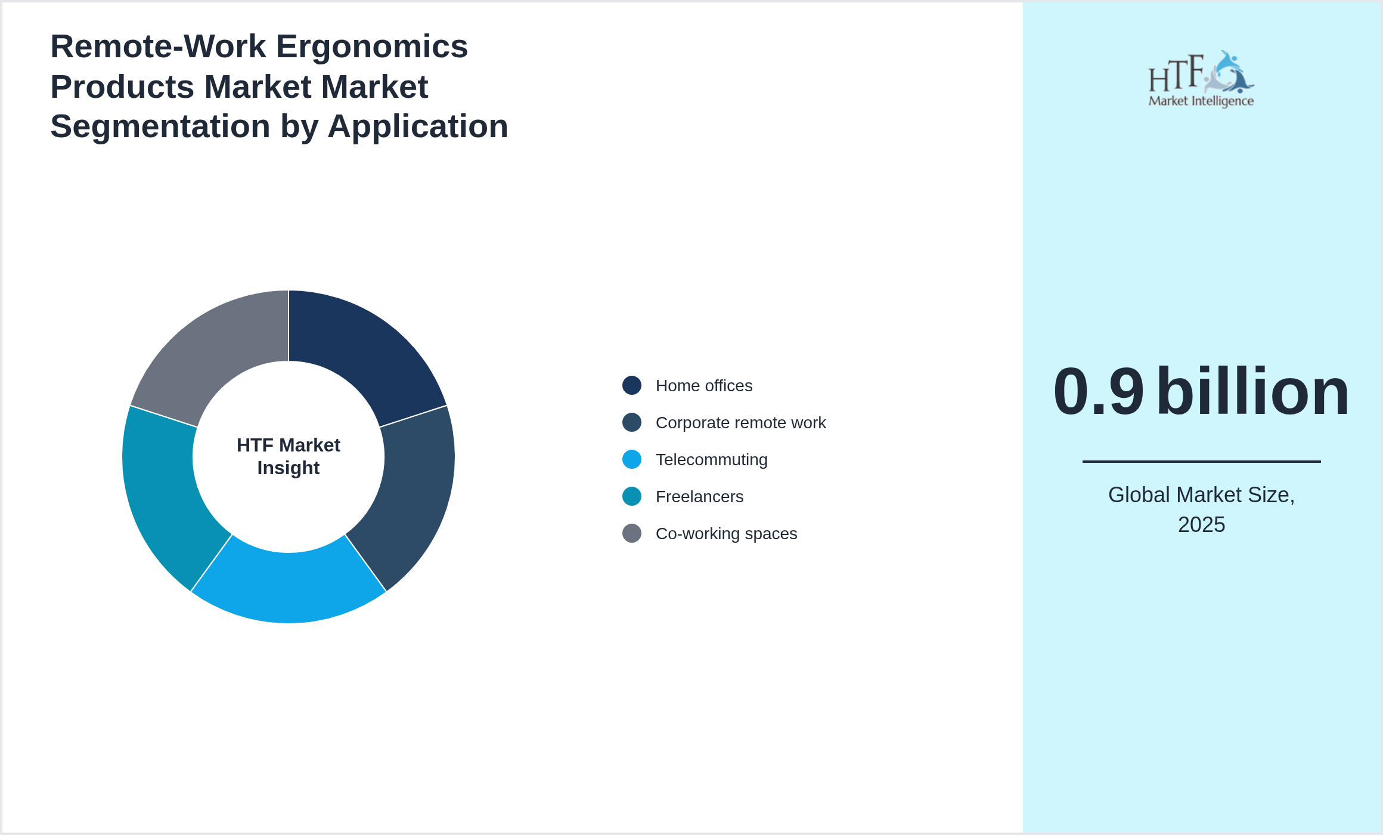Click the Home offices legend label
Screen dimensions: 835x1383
(703, 386)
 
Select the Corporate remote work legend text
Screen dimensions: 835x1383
(740, 423)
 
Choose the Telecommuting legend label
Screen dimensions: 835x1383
(711, 460)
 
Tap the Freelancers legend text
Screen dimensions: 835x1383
(699, 497)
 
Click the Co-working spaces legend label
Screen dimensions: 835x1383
(726, 534)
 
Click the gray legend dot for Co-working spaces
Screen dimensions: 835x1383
(632, 533)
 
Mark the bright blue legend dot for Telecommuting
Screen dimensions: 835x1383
(632, 459)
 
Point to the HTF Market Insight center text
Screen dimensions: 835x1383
(289, 456)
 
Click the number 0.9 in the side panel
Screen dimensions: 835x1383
(1098, 392)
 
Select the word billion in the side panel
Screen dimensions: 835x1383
(1252, 392)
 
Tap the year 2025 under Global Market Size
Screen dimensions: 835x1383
(1201, 525)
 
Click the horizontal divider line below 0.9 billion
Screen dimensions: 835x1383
(1201, 461)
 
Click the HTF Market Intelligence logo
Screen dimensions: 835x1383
(1201, 79)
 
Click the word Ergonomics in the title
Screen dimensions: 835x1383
(372, 47)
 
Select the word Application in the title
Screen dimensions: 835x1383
(417, 126)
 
